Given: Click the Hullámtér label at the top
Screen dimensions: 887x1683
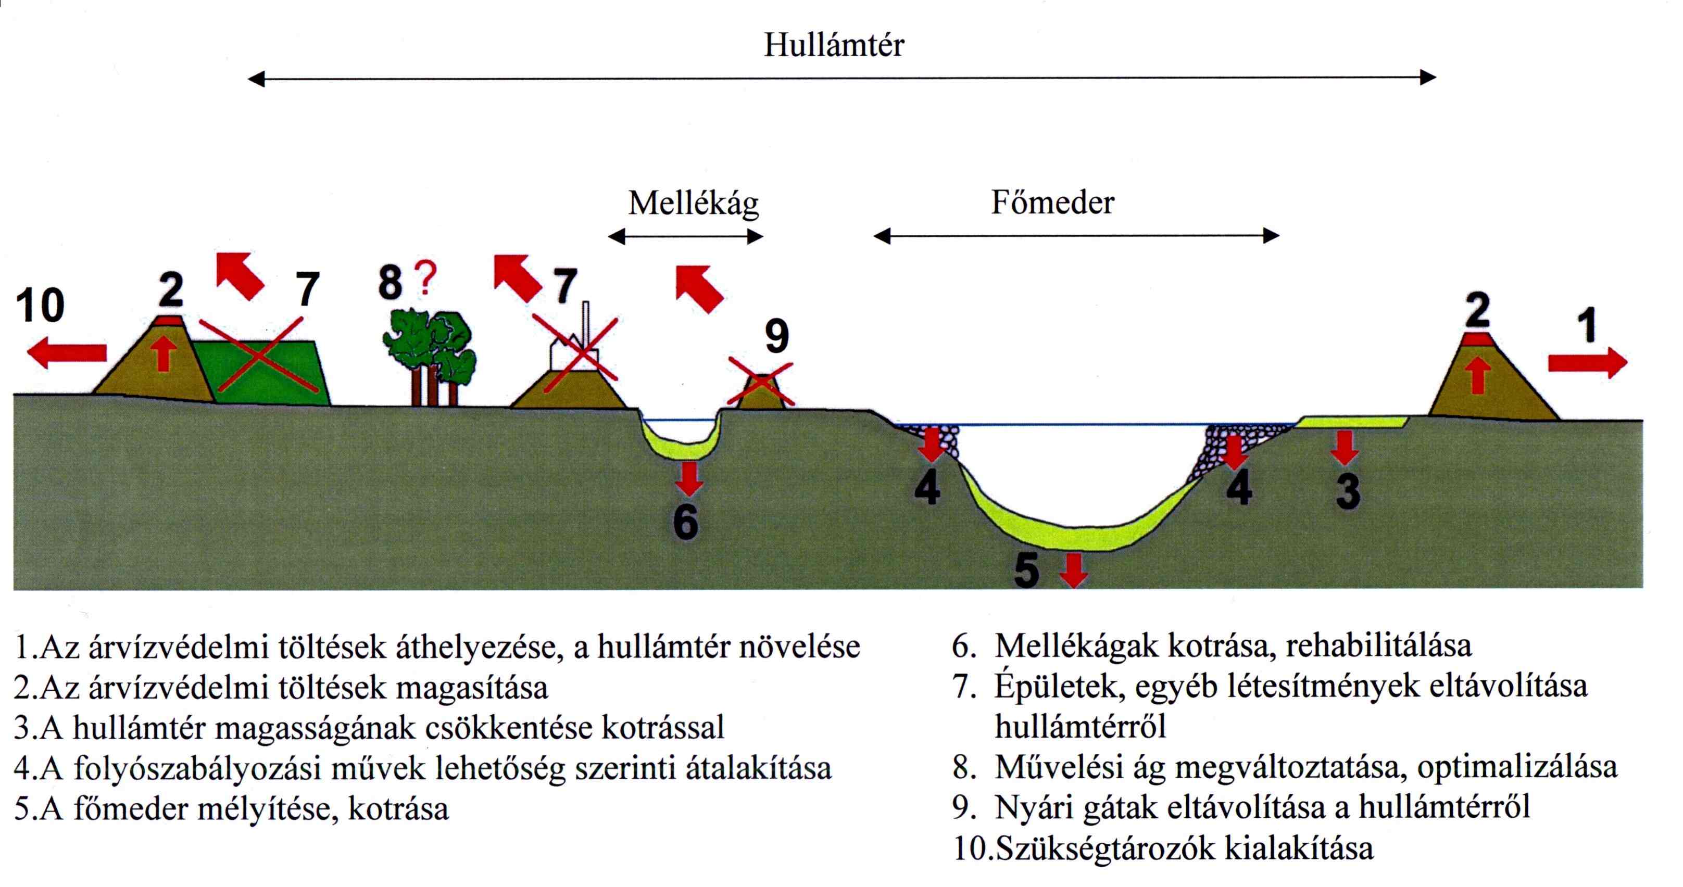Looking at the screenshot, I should click(834, 46).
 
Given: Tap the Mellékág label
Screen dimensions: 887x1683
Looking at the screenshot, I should click(693, 204).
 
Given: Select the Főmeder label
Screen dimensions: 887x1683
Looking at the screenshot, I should click(1052, 202).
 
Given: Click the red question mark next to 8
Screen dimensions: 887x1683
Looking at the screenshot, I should click(425, 280).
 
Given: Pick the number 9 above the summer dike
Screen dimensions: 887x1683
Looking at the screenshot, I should click(776, 337).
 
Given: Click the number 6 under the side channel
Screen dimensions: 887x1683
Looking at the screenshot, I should click(685, 522).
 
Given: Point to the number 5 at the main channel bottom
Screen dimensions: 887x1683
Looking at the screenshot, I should click(1026, 570).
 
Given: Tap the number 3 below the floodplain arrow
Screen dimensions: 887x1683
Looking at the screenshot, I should click(1348, 491).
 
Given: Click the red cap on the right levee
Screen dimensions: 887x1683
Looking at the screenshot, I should click(1477, 339).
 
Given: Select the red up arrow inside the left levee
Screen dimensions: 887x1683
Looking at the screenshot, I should click(164, 354).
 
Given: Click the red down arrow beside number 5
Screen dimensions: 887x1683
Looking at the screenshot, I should click(1073, 569).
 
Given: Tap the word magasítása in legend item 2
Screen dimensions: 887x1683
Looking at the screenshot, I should click(472, 688).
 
